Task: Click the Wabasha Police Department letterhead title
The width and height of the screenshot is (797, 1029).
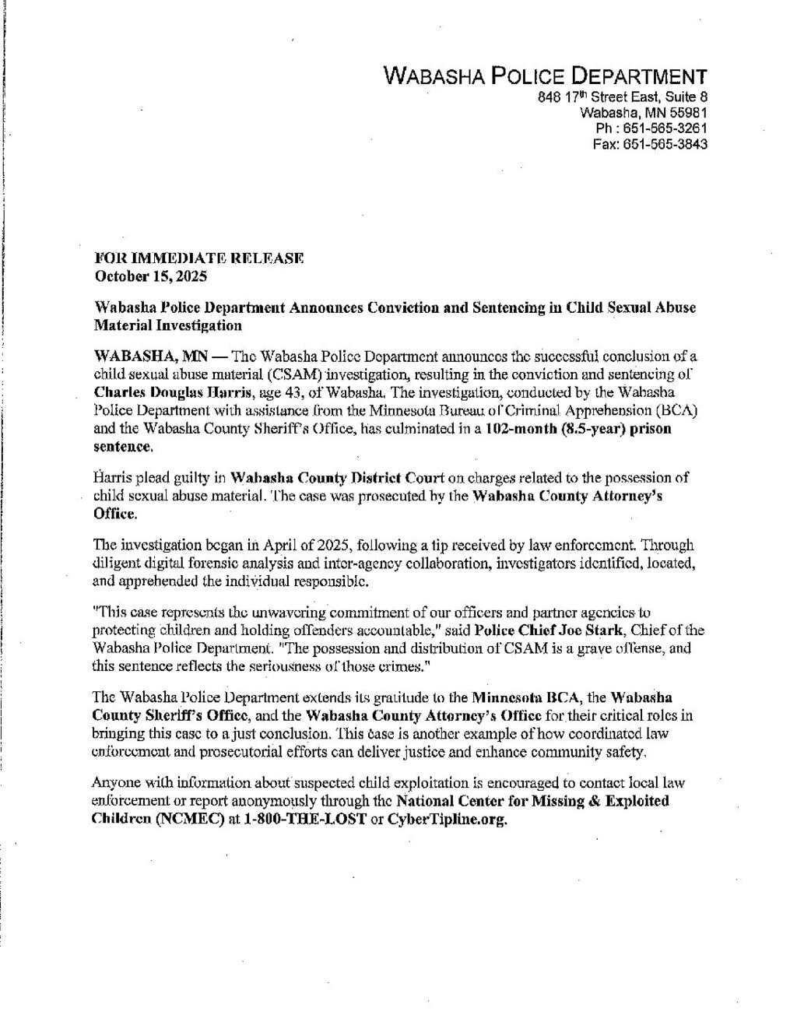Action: (546, 76)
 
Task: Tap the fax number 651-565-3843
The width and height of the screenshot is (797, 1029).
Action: (669, 145)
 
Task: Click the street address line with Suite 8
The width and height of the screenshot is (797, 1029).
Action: (623, 97)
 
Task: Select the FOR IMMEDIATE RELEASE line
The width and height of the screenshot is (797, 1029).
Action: (198, 258)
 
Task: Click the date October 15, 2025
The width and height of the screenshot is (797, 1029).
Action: (150, 276)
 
